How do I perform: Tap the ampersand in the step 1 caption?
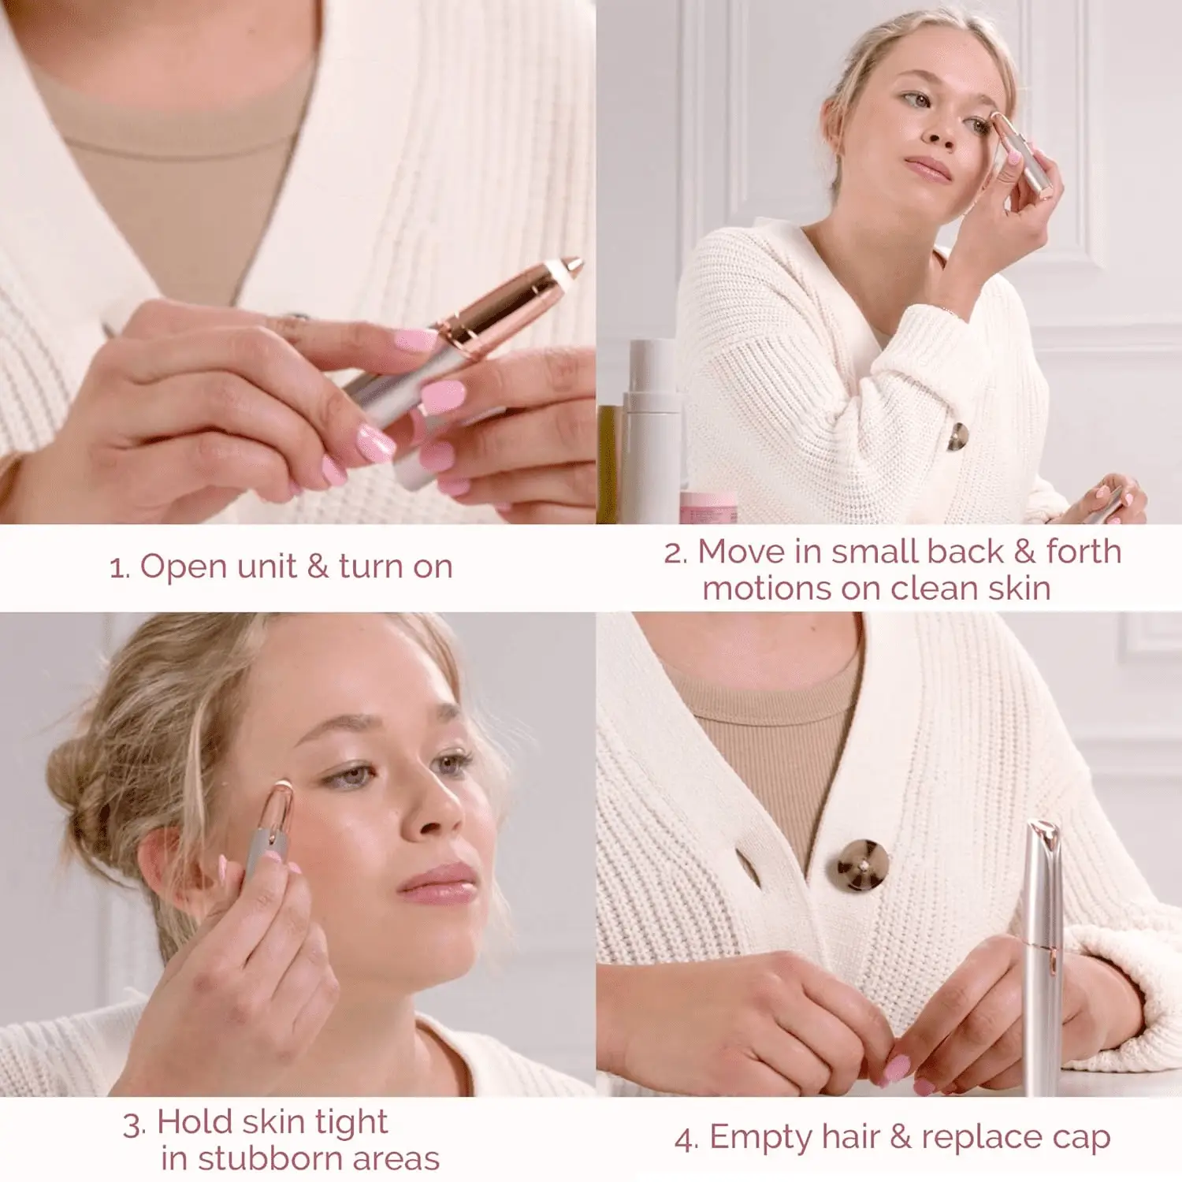tap(318, 567)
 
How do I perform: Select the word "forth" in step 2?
tap(1083, 552)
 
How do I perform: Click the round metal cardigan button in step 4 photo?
tap(863, 864)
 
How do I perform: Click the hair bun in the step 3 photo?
tap(79, 780)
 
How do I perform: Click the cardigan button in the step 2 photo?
tap(957, 436)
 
